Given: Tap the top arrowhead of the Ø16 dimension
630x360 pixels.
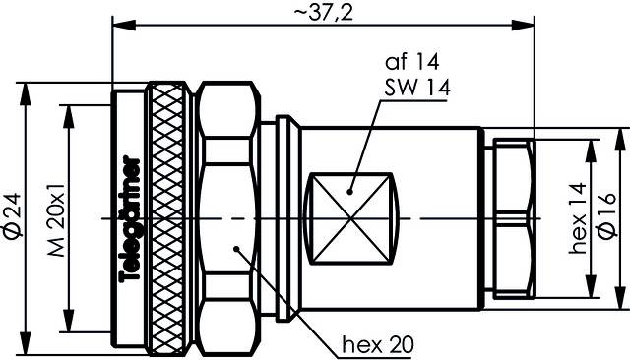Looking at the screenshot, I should [618, 141].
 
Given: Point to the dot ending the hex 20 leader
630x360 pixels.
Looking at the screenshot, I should [236, 248].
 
